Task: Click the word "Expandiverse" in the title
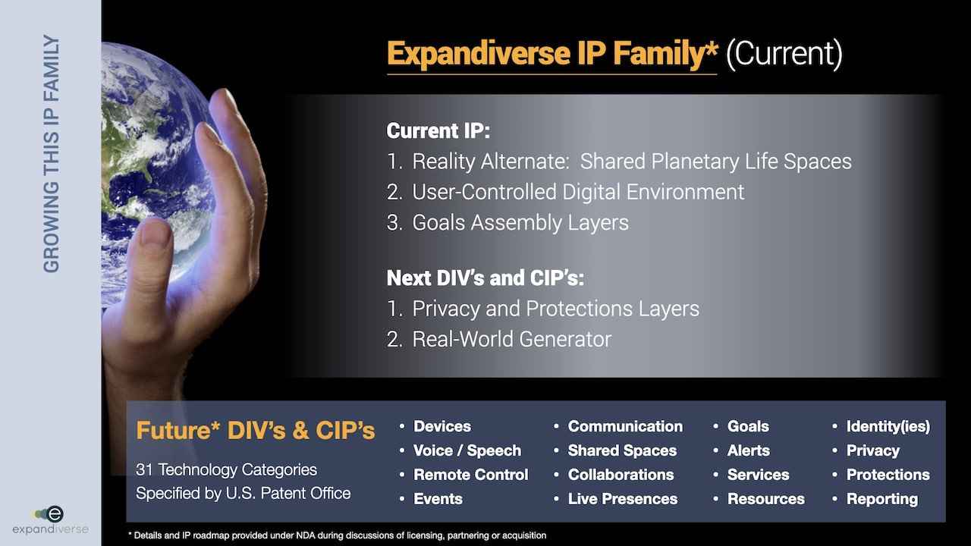tap(479, 54)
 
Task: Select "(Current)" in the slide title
tap(784, 54)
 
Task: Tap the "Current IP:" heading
tap(438, 130)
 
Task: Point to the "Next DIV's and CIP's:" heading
tap(485, 278)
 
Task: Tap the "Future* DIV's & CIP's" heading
tap(256, 430)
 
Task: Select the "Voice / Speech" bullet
tap(467, 450)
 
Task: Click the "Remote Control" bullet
tap(471, 475)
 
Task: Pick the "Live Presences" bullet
tap(623, 499)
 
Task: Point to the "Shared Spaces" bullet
tap(622, 450)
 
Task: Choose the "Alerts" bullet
tap(749, 450)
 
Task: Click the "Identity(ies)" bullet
tap(888, 427)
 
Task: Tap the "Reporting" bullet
tap(882, 499)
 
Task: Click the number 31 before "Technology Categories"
tap(144, 469)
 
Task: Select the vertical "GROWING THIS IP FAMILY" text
tap(51, 154)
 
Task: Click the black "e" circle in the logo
tap(55, 514)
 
